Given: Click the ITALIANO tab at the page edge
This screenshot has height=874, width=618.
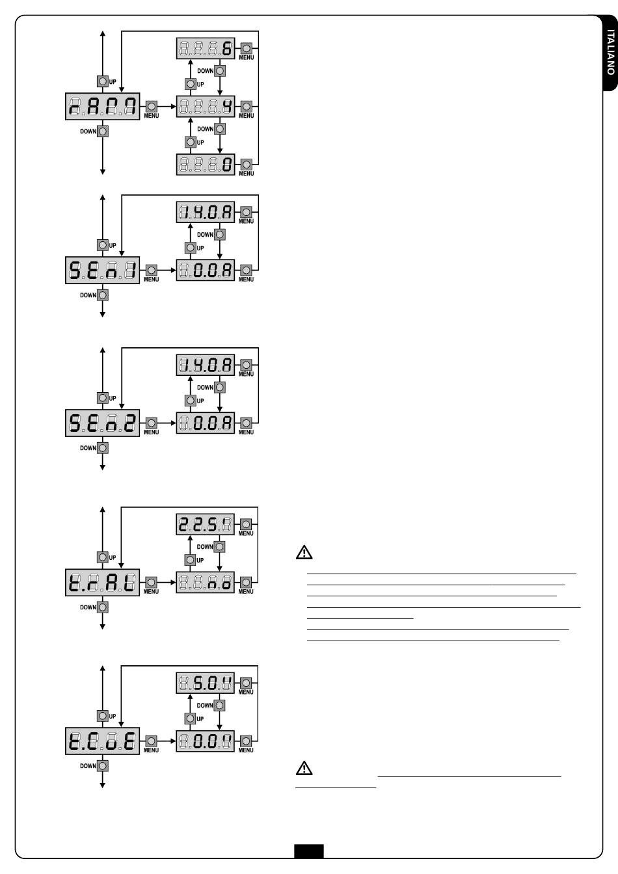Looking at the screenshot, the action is [610, 53].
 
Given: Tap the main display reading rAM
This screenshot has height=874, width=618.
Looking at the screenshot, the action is [102, 107].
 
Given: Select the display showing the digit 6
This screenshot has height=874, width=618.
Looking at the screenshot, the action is [206, 48].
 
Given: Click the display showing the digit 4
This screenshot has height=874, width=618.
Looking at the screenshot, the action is [206, 106].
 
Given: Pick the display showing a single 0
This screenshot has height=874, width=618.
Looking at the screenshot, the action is [206, 165].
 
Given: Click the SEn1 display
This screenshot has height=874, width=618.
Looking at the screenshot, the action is [102, 270].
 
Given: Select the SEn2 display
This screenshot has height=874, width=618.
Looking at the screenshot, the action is [102, 423].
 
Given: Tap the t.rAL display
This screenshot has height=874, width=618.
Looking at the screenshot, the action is [102, 582].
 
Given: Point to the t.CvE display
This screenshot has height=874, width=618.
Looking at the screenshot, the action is [102, 741].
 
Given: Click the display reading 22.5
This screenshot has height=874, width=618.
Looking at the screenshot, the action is [205, 524].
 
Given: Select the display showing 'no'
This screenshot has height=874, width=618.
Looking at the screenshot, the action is [205, 582].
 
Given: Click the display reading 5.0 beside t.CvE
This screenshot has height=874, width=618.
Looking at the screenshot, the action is [205, 683].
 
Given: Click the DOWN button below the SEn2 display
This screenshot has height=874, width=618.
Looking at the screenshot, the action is [103, 448].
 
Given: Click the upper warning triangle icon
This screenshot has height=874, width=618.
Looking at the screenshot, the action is [304, 552].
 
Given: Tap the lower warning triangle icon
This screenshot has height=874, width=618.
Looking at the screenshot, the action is [304, 767].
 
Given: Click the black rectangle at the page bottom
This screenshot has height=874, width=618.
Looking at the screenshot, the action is [309, 851].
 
